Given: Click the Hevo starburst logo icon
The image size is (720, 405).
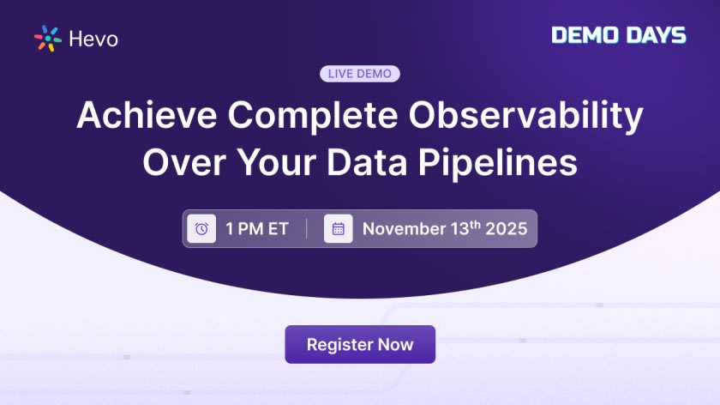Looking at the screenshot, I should click(x=47, y=39).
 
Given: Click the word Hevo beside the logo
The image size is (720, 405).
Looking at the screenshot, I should click(x=93, y=39).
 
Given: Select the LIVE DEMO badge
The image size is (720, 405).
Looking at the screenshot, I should click(x=360, y=74).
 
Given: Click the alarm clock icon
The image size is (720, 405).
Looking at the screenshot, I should click(x=201, y=229).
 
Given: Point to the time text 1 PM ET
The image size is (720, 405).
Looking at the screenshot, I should click(x=257, y=229).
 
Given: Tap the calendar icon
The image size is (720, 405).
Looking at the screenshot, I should click(x=339, y=229).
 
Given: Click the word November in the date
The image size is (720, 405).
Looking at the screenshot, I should click(x=402, y=229).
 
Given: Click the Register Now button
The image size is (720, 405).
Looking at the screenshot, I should click(x=360, y=345).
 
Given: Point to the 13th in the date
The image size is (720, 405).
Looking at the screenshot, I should click(x=461, y=228).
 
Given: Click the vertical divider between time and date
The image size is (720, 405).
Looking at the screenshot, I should click(x=307, y=229).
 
